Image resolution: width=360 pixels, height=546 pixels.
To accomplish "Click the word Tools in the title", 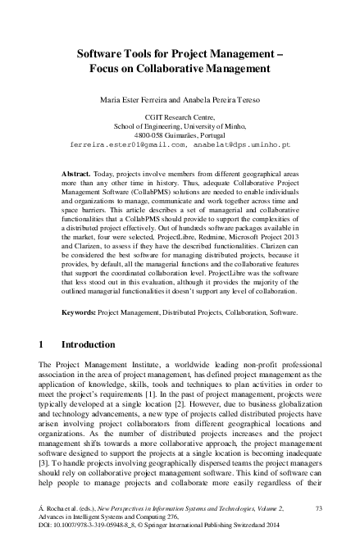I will (x=144, y=51).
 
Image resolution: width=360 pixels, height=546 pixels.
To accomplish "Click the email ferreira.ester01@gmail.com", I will (x=129, y=144).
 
